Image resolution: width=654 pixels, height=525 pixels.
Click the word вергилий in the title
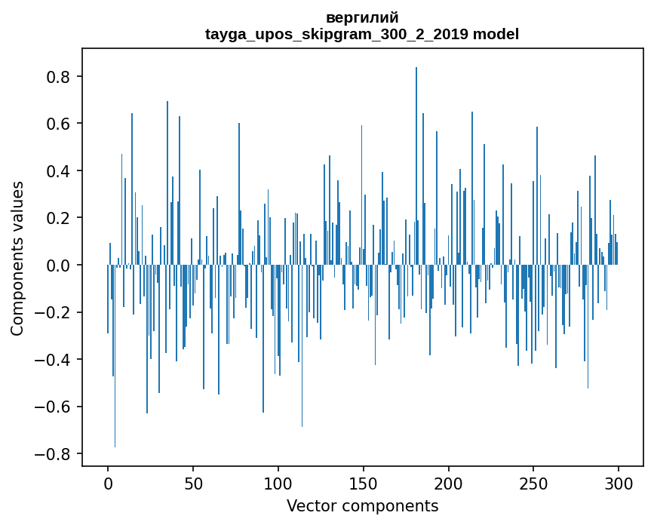coord(362,17)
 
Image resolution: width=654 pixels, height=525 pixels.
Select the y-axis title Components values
coord(17,258)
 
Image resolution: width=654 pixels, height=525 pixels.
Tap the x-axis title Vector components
coord(362,505)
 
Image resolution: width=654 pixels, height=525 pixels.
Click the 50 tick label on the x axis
coord(193,483)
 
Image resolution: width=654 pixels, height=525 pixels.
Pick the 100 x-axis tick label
coord(278,483)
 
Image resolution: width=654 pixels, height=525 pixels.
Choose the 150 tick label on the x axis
coord(364,483)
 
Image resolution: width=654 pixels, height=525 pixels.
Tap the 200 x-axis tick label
coord(449,483)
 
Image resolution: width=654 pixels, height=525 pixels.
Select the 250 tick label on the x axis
coord(533,483)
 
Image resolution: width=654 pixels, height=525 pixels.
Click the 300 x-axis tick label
coord(619,483)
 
